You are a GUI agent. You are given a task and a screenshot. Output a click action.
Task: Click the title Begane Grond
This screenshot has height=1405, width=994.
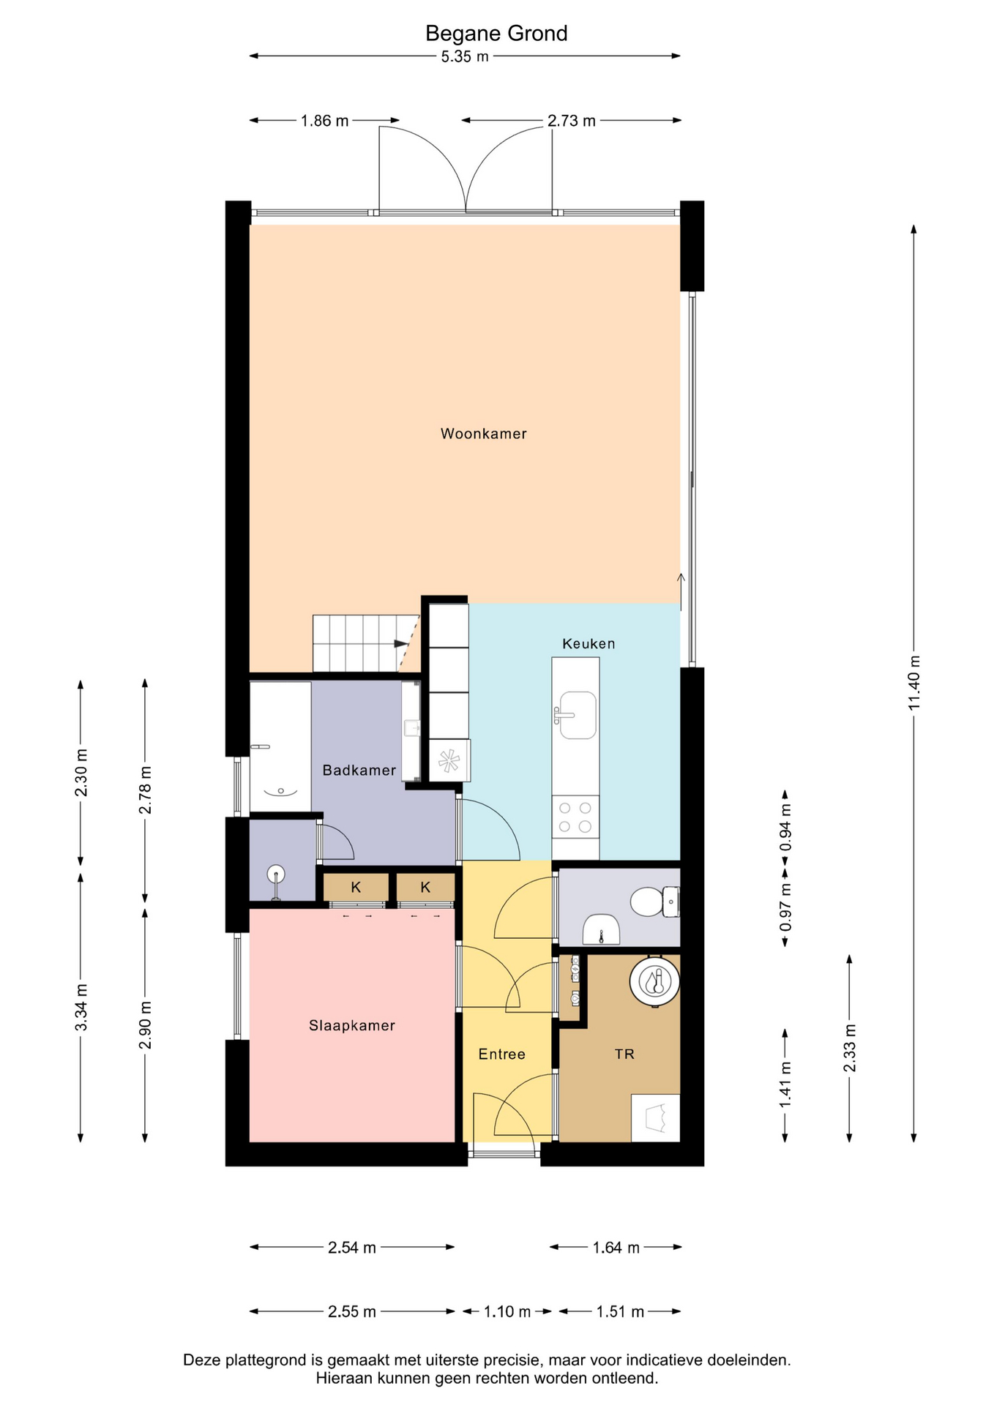pyautogui.click(x=496, y=34)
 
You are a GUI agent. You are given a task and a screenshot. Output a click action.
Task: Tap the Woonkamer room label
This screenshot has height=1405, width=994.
pyautogui.click(x=484, y=434)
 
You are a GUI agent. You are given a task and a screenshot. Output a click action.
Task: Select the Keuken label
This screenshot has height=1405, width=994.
pyautogui.click(x=588, y=644)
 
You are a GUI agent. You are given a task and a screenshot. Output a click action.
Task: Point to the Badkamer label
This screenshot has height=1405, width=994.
pyautogui.click(x=359, y=771)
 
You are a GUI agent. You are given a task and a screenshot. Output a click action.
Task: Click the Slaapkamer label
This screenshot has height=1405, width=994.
pyautogui.click(x=352, y=1026)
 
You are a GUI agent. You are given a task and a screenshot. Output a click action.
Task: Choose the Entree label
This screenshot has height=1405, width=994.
pyautogui.click(x=502, y=1054)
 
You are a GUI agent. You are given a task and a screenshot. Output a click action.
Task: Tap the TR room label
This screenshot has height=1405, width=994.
pyautogui.click(x=624, y=1054)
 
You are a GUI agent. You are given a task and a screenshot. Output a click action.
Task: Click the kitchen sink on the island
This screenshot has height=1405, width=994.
pyautogui.click(x=577, y=715)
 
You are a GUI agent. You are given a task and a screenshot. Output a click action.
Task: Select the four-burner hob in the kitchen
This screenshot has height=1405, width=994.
pyautogui.click(x=575, y=817)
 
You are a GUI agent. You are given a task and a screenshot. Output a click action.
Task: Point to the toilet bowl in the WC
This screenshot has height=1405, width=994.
pyautogui.click(x=647, y=902)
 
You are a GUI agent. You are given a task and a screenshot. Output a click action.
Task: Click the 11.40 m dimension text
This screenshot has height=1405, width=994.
pyautogui.click(x=914, y=683)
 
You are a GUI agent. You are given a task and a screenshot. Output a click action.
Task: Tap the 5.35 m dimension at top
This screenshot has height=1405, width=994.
pyautogui.click(x=465, y=56)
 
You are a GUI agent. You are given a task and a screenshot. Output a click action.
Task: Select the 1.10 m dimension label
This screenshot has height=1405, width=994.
pyautogui.click(x=507, y=1312)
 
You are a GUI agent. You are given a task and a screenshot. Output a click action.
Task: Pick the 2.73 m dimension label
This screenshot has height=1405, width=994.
pyautogui.click(x=572, y=121)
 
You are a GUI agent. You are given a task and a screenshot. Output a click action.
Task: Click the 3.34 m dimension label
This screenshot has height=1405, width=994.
pyautogui.click(x=81, y=1008)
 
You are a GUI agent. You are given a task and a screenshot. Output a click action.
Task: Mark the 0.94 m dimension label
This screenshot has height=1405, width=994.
pyautogui.click(x=785, y=828)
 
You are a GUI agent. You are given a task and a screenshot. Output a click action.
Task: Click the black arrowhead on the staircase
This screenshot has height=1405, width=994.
pyautogui.click(x=401, y=644)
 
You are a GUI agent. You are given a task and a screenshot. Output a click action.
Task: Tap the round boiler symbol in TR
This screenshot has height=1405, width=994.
pyautogui.click(x=655, y=981)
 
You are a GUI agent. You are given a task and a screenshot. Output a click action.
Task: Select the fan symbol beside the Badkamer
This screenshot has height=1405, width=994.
pyautogui.click(x=449, y=761)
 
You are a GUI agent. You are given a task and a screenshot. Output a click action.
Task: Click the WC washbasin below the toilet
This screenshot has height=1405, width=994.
pyautogui.click(x=601, y=929)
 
